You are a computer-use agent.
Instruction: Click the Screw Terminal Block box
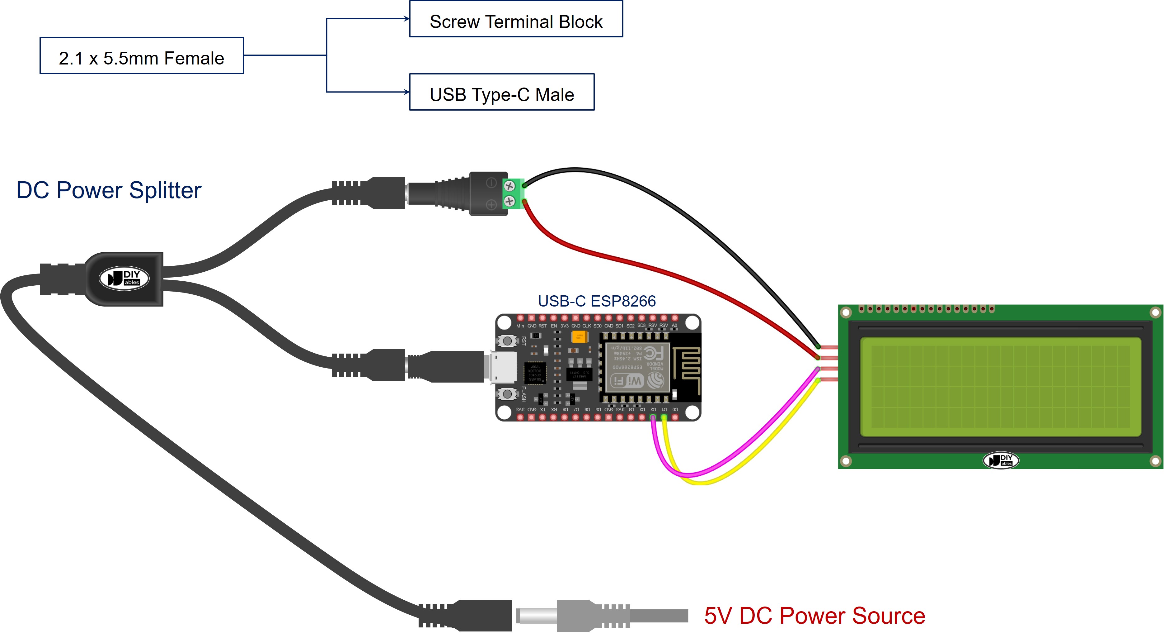click(x=516, y=19)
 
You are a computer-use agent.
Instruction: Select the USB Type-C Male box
click(x=502, y=92)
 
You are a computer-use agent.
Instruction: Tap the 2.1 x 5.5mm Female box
click(x=141, y=56)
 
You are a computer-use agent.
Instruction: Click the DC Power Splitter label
click(x=108, y=190)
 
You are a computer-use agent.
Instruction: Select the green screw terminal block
click(x=512, y=193)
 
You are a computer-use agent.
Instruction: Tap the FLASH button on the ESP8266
click(x=507, y=394)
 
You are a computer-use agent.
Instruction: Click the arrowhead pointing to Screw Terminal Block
click(x=407, y=19)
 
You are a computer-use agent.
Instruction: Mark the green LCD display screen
click(x=1000, y=387)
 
